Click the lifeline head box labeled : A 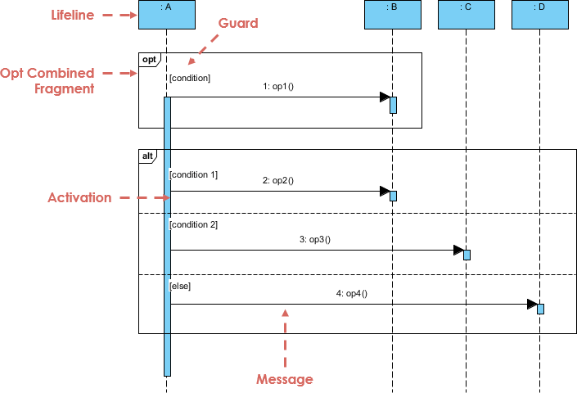coord(167,15)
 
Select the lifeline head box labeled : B coord(393,15)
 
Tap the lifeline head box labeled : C coord(467,15)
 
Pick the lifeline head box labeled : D coord(540,15)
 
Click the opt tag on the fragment coord(149,60)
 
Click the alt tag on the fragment coord(147,156)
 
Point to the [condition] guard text coord(190,78)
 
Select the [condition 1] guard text coord(193,174)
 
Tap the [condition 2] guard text coord(193,224)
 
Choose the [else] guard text coord(180,286)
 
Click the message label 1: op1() coord(278,87)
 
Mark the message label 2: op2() coord(278,181)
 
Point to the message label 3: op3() coord(315,240)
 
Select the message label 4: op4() coord(352,294)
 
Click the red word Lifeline coord(73,15)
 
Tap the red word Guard coord(238,23)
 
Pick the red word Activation coord(79,197)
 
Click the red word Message coord(285,379)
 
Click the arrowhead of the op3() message coord(459,251)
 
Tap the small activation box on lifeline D coord(540,309)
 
